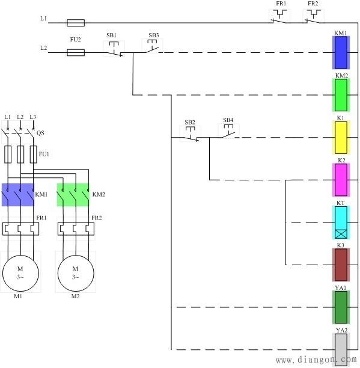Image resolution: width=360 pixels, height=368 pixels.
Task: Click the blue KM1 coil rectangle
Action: pos(341,52)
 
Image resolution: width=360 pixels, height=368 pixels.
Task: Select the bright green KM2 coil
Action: pos(341,95)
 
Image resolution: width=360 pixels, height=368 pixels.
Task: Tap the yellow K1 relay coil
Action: pos(341,138)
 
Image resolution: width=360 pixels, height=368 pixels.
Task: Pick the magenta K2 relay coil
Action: pos(341,180)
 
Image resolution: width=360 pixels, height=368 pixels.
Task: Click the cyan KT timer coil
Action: pos(341,222)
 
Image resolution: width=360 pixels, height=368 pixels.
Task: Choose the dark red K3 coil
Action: pos(341,265)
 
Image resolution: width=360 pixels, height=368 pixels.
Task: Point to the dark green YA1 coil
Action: pos(341,307)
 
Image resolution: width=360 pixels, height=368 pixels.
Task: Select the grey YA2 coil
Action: pos(341,350)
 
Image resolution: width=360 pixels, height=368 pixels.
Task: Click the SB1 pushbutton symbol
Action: pos(114,49)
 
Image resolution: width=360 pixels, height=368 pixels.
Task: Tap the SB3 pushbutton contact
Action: pos(152,46)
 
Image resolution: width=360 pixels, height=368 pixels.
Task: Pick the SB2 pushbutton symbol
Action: pos(190,133)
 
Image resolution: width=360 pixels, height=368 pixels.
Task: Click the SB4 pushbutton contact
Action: pos(228,131)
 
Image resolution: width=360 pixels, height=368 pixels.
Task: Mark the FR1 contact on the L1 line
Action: pos(279,16)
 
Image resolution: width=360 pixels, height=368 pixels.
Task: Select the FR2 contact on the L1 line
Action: pos(313,16)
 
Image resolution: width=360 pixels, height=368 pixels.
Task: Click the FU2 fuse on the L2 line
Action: pos(76,52)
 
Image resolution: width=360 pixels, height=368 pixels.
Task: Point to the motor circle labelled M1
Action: pos(20,273)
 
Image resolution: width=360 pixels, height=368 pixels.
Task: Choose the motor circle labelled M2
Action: pos(76,273)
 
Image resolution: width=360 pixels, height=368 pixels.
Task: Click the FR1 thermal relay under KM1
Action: pos(20,229)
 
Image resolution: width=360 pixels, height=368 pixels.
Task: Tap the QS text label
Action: pos(40,133)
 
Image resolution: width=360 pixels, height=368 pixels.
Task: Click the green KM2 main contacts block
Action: pos(73,195)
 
